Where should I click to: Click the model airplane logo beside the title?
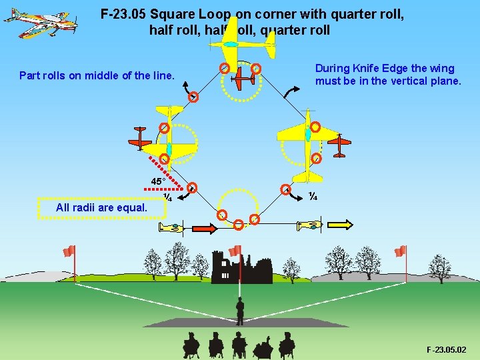click(41, 23)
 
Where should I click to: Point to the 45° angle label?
click(158, 181)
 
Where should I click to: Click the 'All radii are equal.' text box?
click(101, 207)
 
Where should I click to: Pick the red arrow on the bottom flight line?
click(204, 229)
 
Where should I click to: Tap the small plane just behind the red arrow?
click(171, 228)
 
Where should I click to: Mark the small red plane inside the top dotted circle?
click(244, 79)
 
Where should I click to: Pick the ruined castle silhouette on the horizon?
click(240, 267)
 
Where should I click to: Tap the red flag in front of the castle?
click(235, 251)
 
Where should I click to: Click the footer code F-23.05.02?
click(446, 349)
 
